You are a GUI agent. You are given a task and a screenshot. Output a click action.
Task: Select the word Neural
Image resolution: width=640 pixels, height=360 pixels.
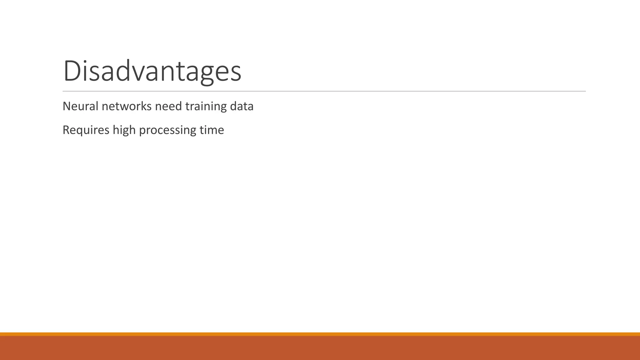coord(81,106)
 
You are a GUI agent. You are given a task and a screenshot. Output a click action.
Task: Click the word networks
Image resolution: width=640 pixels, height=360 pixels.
coord(127,106)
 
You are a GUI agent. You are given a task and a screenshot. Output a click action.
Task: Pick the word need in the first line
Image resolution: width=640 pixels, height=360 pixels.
coord(168,106)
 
